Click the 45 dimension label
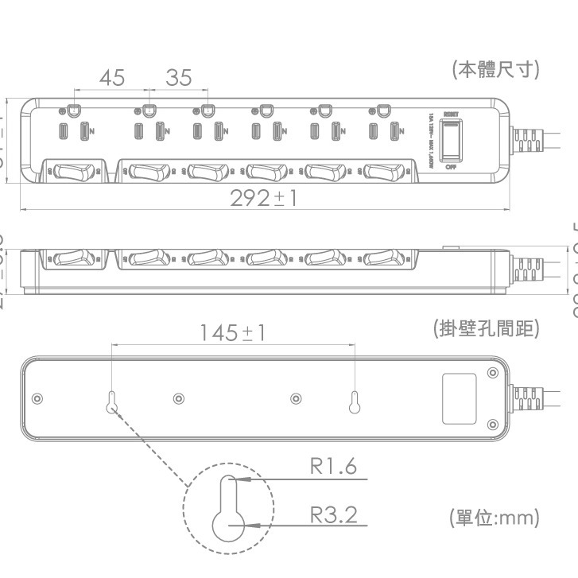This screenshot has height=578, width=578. (x=112, y=78)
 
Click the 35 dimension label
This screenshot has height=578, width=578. (x=179, y=78)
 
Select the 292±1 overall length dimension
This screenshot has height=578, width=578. (x=263, y=198)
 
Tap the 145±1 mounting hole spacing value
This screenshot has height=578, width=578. (x=232, y=332)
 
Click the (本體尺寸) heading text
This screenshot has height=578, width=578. (x=495, y=70)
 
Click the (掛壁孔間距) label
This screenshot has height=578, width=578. (x=486, y=328)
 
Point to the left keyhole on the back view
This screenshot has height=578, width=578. (x=111, y=402)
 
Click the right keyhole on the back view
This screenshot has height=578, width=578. (x=354, y=402)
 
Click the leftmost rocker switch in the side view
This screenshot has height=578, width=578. (x=71, y=258)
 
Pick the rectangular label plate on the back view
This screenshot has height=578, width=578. (x=459, y=398)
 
